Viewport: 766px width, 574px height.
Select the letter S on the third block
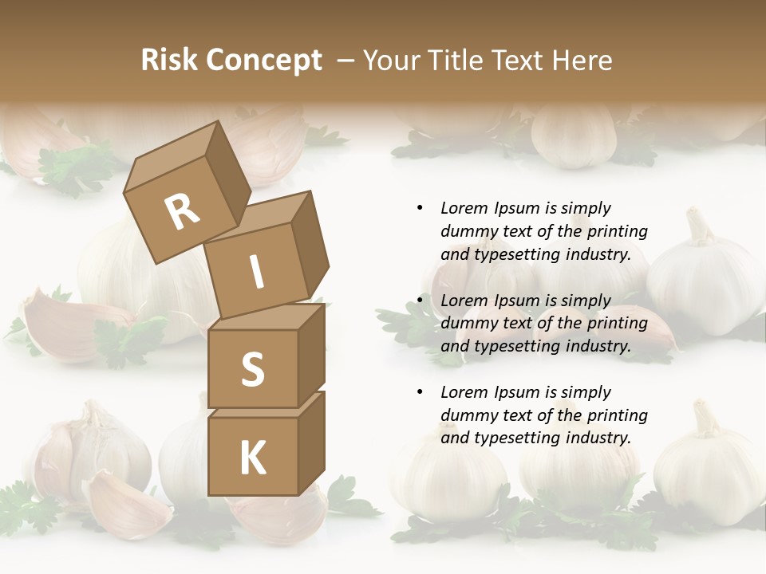tap(252, 370)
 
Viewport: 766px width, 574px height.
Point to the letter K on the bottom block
tap(252, 458)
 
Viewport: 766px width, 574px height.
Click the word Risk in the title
tap(168, 60)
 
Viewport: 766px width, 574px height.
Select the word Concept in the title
tap(263, 60)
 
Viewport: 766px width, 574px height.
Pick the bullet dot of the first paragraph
tap(420, 208)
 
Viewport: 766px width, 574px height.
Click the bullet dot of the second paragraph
tap(420, 301)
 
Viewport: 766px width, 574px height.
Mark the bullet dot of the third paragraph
tap(420, 392)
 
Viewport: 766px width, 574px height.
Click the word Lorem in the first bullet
tap(462, 208)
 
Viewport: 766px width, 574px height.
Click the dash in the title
tap(346, 60)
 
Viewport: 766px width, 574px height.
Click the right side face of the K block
tap(311, 442)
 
